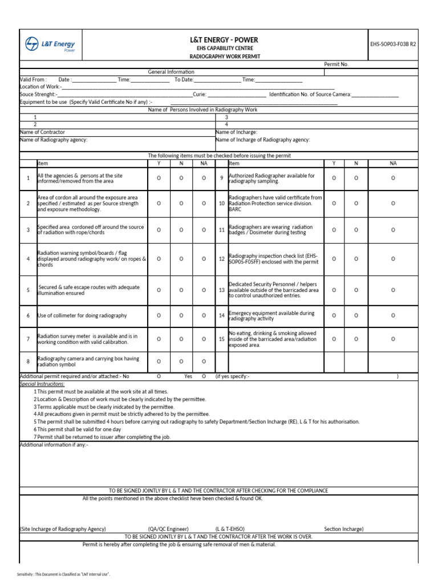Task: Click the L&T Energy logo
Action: tap(50, 45)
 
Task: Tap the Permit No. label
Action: tap(336, 64)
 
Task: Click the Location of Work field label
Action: tap(39, 87)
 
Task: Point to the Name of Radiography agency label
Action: tap(54, 140)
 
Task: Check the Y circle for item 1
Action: tap(159, 179)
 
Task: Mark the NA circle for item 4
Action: tap(204, 259)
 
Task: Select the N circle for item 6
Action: tap(181, 315)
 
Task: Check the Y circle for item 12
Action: tap(334, 259)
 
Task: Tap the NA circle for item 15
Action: tap(393, 339)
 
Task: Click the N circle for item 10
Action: tap(356, 203)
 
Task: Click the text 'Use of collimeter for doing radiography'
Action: tap(82, 315)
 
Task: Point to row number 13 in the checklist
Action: tap(221, 290)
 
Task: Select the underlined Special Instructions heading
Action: tap(42, 384)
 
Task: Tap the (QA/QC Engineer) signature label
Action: tap(168, 529)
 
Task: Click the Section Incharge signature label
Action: tap(343, 529)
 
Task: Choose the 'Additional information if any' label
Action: tap(54, 445)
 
